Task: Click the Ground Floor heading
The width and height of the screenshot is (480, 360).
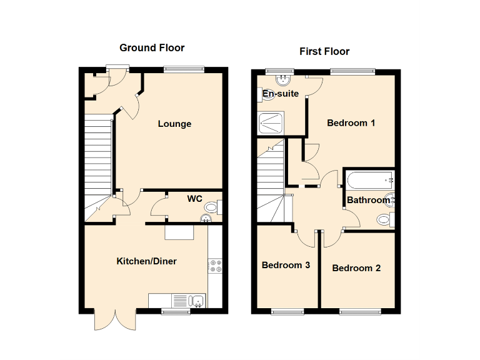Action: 152,48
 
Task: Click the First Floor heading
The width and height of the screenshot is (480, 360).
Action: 324,51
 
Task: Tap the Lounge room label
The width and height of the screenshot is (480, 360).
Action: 174,124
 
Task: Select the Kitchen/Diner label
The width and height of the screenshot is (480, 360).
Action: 146,261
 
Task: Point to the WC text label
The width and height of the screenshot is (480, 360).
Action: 195,199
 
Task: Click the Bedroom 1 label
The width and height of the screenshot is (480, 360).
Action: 351,123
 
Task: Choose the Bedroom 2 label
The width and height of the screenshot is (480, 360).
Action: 356,268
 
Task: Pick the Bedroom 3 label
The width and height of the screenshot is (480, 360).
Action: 286,265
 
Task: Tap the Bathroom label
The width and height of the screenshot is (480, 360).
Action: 368,201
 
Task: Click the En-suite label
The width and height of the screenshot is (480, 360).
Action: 281,94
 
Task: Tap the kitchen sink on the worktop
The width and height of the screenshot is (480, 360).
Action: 197,301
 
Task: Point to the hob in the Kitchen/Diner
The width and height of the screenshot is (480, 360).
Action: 216,266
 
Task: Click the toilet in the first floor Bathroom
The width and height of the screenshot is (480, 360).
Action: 386,219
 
